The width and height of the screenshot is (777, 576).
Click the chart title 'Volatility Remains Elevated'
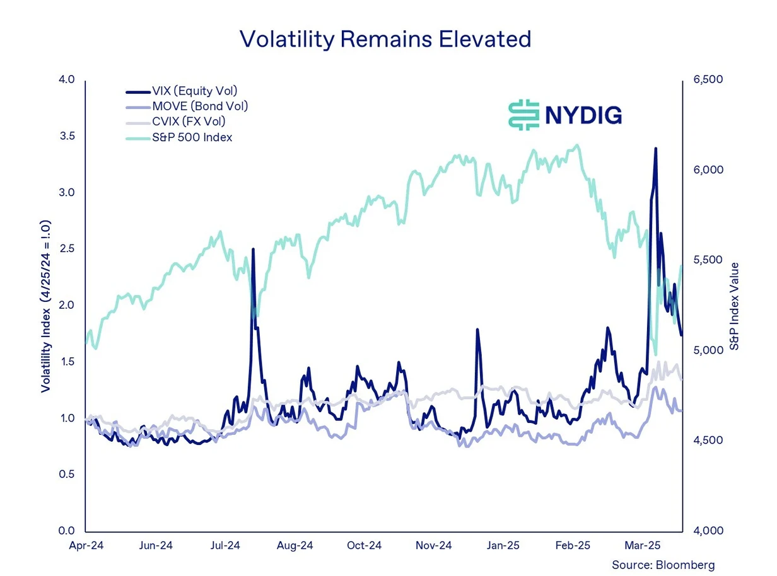[385, 39]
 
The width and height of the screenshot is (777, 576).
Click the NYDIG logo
[565, 115]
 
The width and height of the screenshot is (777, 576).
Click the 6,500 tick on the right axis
[707, 80]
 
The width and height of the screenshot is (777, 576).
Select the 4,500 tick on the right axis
[707, 441]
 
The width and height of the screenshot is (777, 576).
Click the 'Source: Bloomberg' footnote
[663, 565]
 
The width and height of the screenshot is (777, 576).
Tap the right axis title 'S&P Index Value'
[733, 306]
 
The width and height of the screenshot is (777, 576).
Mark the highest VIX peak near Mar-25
[656, 149]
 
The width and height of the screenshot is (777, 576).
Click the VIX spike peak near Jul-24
[253, 250]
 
